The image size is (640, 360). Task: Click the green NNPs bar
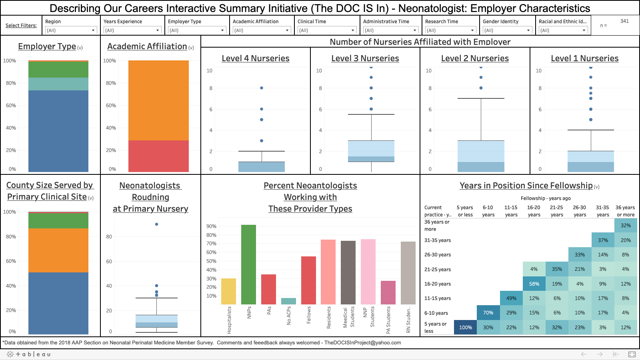click(248, 264)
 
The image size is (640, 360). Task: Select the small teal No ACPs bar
click(288, 301)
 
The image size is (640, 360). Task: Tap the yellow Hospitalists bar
click(228, 291)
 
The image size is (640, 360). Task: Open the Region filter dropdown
click(71, 30)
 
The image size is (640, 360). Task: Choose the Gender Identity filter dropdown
click(507, 30)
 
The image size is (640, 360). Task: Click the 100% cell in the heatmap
click(465, 327)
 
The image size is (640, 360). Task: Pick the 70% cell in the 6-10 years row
click(488, 313)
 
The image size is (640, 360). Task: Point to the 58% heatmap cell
click(534, 284)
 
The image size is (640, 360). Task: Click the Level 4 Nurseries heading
click(256, 58)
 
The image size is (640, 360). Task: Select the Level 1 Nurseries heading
click(584, 58)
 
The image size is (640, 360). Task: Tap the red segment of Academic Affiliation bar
click(158, 156)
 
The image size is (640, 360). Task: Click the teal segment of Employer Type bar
click(58, 84)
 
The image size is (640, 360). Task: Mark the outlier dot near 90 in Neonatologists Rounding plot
click(156, 224)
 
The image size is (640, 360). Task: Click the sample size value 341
click(624, 21)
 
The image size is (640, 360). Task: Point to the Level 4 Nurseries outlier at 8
click(262, 88)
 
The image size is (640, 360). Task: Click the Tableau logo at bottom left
click(28, 354)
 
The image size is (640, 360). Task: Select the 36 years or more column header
click(625, 211)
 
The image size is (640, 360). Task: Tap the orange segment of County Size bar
click(58, 250)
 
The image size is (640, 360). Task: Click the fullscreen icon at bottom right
click(632, 354)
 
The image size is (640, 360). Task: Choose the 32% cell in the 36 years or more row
click(626, 226)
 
